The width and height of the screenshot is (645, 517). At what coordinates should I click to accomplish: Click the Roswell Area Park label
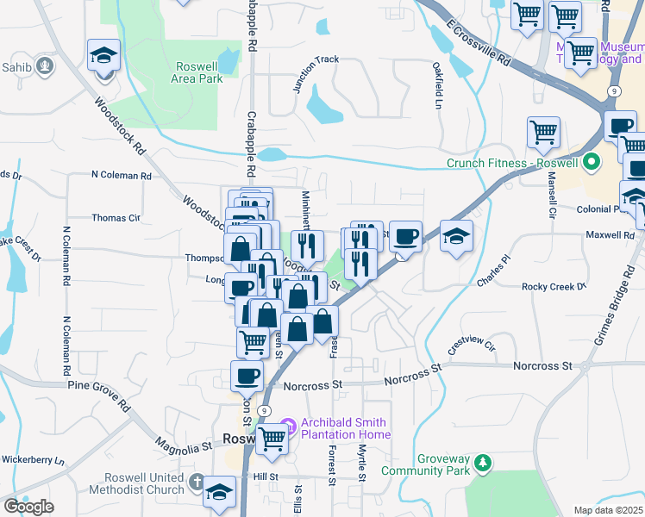pos(199,72)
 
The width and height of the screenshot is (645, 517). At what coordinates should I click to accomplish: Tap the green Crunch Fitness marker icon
pos(592,162)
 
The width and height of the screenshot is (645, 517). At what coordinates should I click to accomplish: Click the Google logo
pos(28,507)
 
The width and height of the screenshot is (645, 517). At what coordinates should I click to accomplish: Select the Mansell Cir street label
pos(551,195)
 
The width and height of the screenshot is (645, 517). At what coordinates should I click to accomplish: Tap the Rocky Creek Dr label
pos(554,286)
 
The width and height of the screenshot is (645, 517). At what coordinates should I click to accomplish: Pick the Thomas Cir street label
pos(116,218)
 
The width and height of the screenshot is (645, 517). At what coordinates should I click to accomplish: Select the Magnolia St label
pos(184,446)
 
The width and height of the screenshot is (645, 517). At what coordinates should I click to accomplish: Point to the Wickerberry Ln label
pos(33,459)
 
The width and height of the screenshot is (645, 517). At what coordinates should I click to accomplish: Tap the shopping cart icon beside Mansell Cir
pos(543,134)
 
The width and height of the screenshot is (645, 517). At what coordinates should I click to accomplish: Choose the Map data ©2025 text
pos(609,510)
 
